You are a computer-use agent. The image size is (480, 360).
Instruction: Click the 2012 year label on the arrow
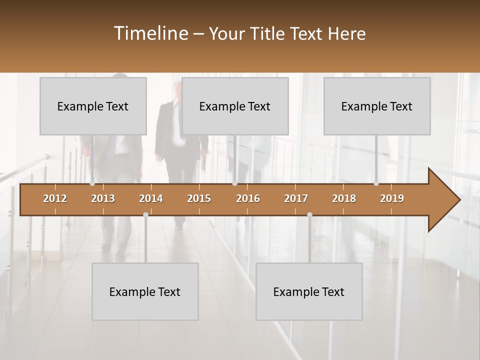point(55,198)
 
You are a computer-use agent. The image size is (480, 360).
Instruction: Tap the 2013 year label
point(103,198)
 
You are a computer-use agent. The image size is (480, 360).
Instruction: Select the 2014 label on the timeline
point(151,198)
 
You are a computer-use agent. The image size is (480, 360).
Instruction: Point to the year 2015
point(199,198)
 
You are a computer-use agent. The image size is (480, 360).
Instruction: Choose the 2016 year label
point(248,198)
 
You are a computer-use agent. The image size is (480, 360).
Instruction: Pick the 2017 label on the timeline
point(296,198)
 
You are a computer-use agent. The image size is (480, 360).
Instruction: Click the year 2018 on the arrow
point(344,198)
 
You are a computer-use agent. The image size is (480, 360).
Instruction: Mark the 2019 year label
point(392,198)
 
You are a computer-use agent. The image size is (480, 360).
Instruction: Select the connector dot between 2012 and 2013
point(92,183)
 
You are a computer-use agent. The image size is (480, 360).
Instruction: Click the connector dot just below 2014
point(145,214)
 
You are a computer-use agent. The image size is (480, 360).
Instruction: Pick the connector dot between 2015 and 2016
point(234,183)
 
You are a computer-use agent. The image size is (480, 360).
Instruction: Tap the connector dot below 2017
point(309,214)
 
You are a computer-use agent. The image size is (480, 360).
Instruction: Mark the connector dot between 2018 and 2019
point(376,183)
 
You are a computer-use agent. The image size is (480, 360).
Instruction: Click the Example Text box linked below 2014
point(145,291)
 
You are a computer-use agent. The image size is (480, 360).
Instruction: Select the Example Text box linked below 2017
point(309,291)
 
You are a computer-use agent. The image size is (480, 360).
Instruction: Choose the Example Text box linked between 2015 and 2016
point(235,106)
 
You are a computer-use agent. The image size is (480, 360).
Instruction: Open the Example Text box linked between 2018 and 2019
point(377,106)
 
